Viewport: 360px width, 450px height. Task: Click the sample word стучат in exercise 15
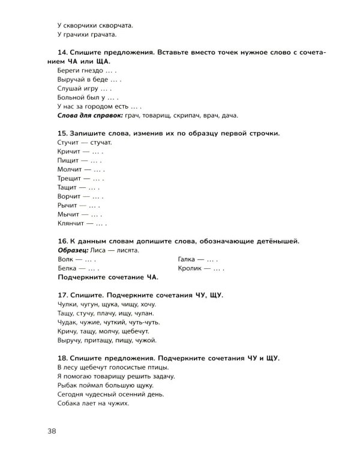[100, 143]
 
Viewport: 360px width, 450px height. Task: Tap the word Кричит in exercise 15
[70, 152]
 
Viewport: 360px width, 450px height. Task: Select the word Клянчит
[73, 224]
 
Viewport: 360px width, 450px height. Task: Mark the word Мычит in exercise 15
[69, 214]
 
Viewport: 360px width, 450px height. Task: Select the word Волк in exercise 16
[66, 259]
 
